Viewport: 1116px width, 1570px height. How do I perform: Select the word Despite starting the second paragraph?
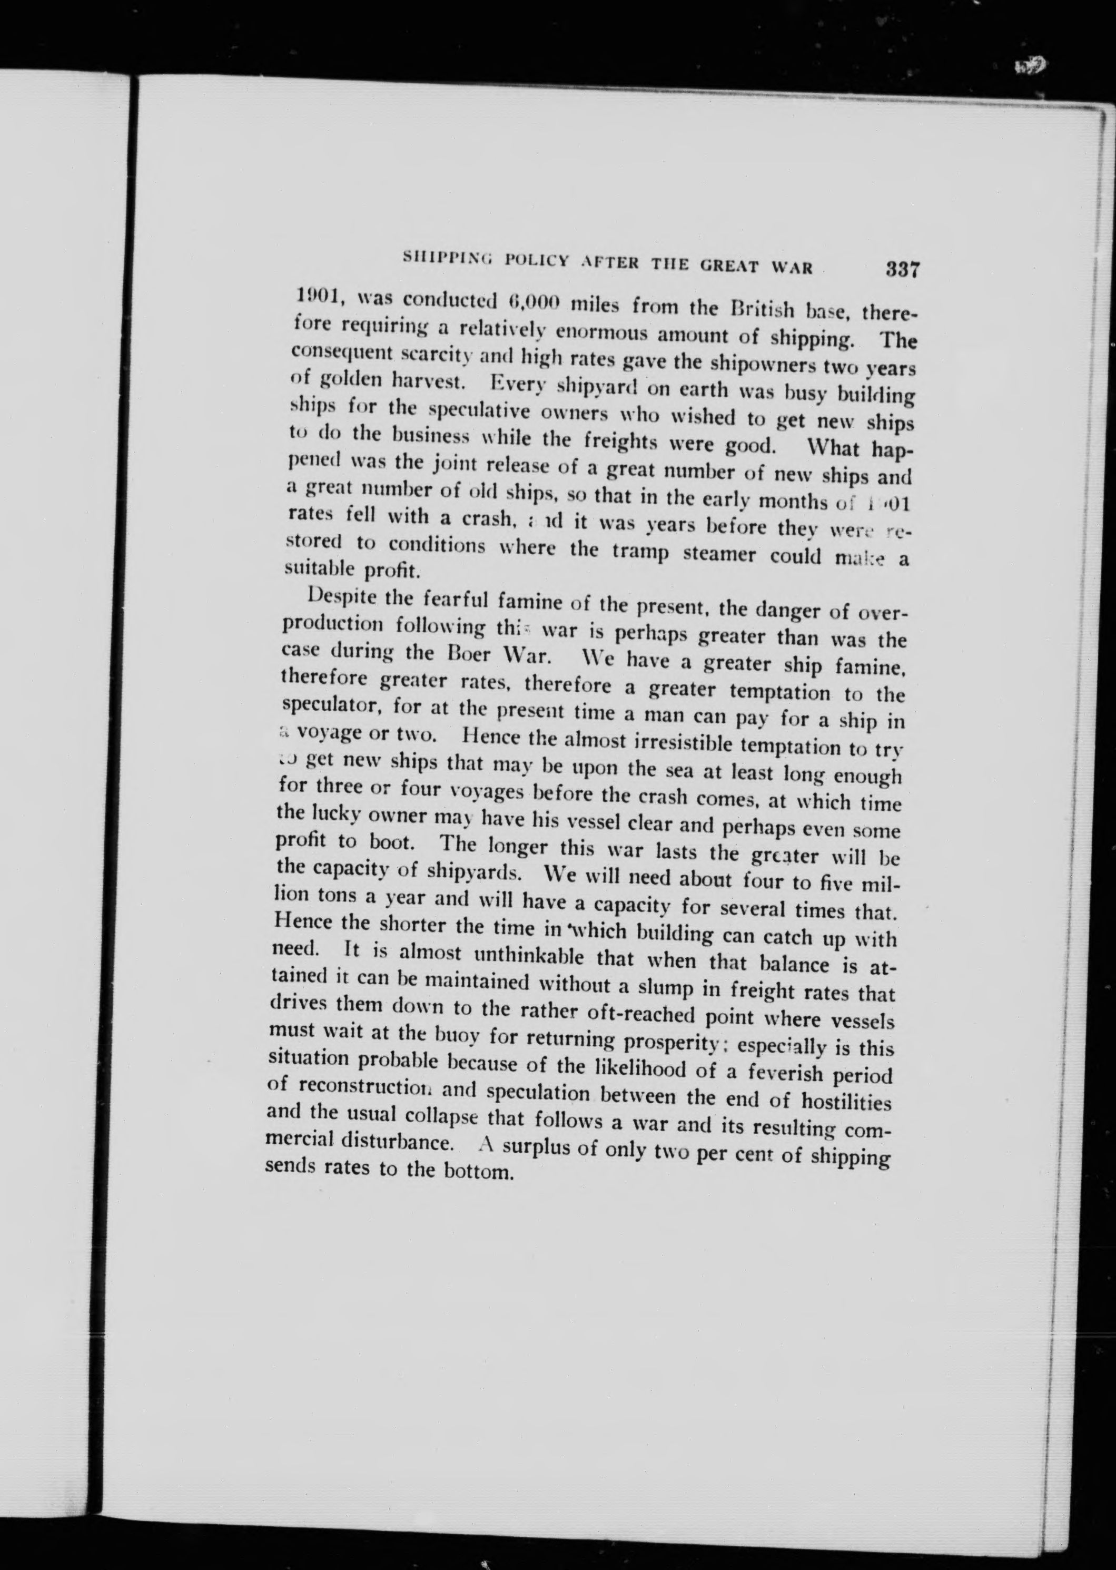[341, 595]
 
